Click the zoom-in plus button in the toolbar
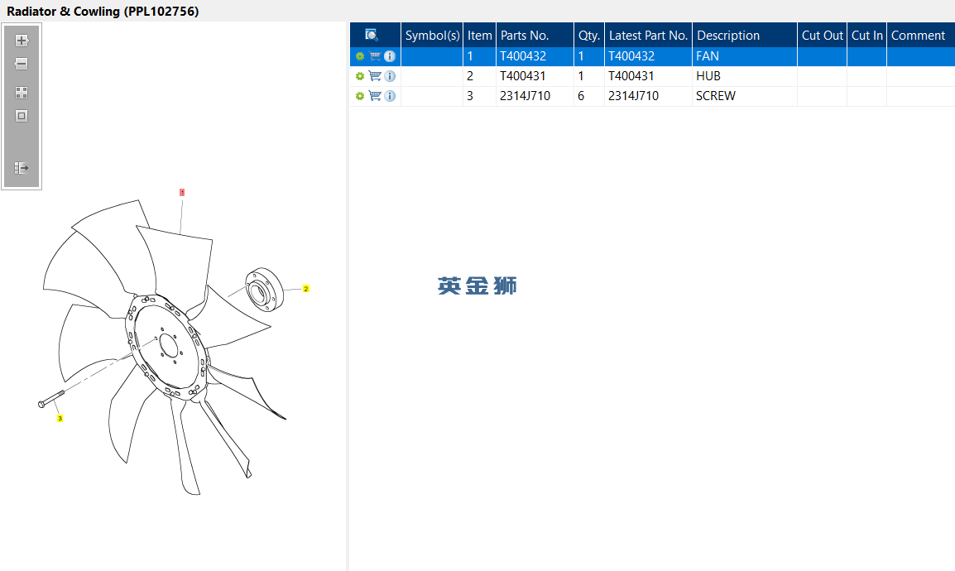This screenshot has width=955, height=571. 22,41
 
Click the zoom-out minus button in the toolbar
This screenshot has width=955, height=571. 22,64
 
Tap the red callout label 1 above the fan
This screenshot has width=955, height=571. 182,192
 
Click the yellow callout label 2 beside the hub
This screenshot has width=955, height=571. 305,289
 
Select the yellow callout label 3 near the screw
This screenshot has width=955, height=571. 60,418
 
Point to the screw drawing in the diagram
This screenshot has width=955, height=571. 51,400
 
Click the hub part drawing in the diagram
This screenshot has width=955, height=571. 264,289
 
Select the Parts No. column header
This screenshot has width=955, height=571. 525,36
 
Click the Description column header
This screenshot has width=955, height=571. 727,36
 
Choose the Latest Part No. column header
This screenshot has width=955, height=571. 648,36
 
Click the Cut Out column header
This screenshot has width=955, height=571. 823,36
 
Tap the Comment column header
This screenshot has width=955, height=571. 918,36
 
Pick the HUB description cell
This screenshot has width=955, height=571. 708,76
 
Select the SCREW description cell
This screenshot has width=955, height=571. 716,96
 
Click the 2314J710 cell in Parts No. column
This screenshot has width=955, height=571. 525,96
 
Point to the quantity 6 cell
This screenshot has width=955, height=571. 581,96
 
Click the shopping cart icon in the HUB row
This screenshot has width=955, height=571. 375,76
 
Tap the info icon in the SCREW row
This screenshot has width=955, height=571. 390,96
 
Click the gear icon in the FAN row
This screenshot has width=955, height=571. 360,56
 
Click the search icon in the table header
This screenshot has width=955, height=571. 371,35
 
